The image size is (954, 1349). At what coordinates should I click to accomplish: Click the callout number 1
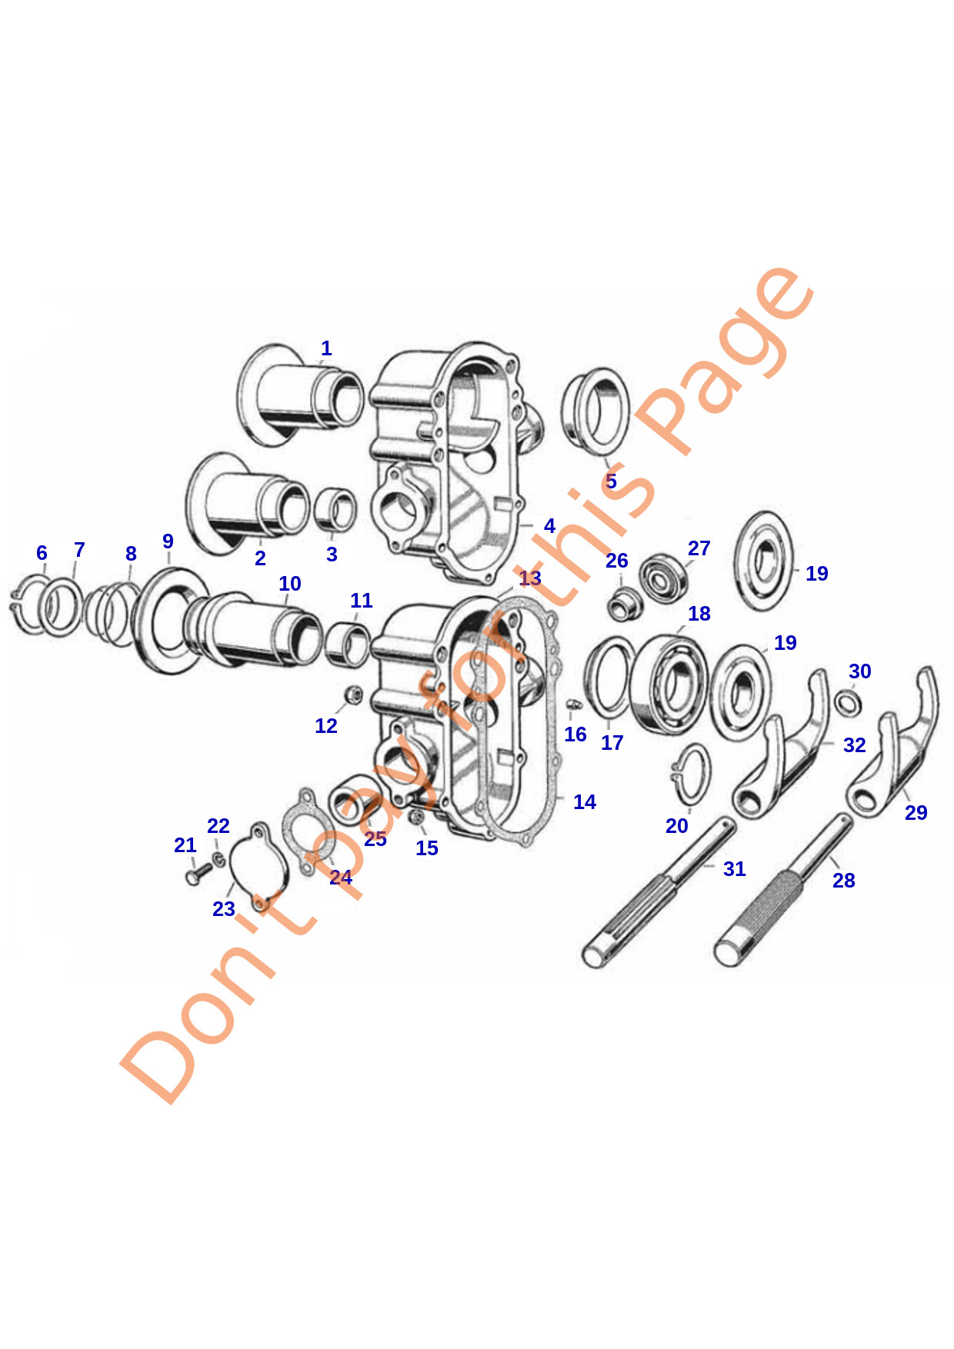click(326, 348)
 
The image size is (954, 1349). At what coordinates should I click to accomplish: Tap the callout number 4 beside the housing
click(549, 526)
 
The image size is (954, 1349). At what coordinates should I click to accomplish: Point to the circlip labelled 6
click(29, 604)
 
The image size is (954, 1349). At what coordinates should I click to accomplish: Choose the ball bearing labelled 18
click(669, 684)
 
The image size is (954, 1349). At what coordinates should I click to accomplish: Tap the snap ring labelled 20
click(690, 774)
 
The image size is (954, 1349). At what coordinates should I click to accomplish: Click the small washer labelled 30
click(848, 702)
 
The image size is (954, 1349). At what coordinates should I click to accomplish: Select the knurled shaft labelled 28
click(783, 891)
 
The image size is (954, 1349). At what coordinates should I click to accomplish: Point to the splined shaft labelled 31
click(658, 893)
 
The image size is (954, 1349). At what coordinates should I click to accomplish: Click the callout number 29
click(916, 813)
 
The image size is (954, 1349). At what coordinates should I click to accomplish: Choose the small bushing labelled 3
click(335, 510)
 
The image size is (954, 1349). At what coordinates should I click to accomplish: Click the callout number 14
click(585, 802)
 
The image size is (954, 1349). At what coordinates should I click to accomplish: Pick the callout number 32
click(854, 745)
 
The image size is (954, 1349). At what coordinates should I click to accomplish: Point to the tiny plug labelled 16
click(573, 704)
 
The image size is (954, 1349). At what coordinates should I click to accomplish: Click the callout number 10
click(290, 584)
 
